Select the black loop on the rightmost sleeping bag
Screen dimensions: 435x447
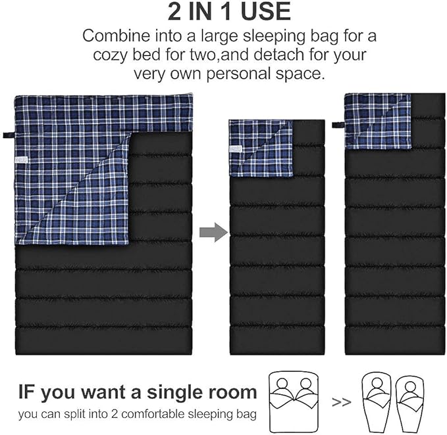(338, 124)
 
